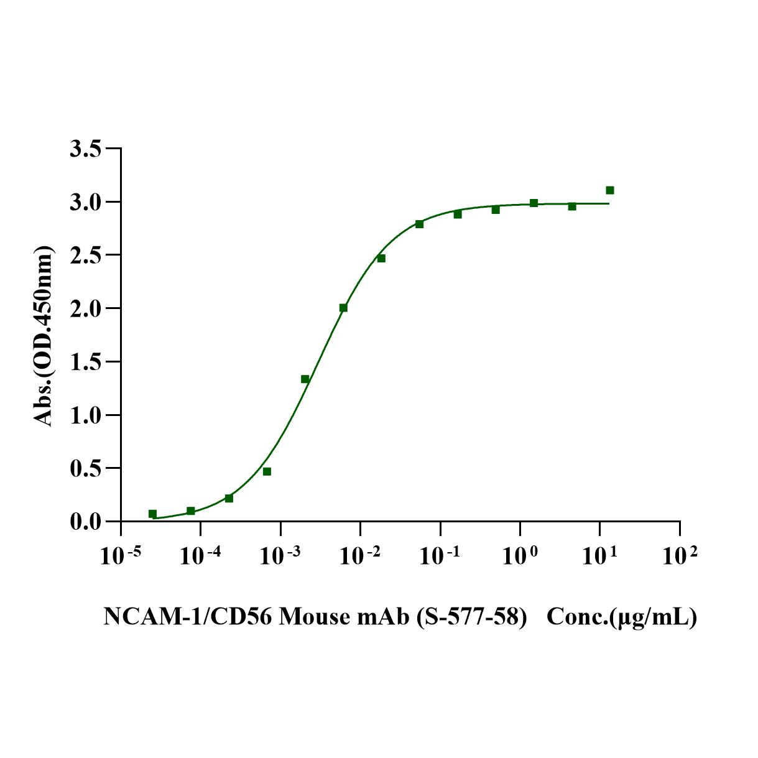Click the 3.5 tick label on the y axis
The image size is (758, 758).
click(86, 149)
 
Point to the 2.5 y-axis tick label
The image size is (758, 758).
click(86, 256)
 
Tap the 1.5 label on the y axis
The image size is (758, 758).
click(86, 362)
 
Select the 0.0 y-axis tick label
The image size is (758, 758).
click(86, 522)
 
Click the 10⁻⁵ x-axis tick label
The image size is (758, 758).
click(120, 555)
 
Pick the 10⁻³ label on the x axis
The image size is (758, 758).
click(280, 555)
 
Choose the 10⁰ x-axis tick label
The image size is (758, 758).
click(519, 555)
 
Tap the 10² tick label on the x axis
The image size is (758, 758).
click(679, 555)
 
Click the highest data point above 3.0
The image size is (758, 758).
click(610, 190)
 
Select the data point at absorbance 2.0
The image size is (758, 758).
click(343, 308)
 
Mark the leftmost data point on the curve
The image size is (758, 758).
click(152, 514)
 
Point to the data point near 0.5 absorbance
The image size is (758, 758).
click(267, 471)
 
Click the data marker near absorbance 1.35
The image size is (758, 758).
click(305, 379)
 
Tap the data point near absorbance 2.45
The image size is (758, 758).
click(381, 258)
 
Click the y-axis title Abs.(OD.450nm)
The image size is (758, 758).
click(44, 336)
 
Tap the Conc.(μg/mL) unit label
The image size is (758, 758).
click(621, 617)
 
